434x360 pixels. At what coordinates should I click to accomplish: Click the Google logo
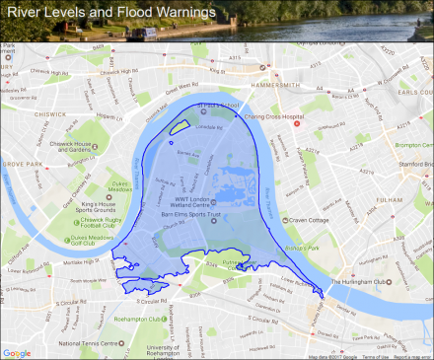[16, 352]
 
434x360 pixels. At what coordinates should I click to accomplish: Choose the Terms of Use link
[375, 356]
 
